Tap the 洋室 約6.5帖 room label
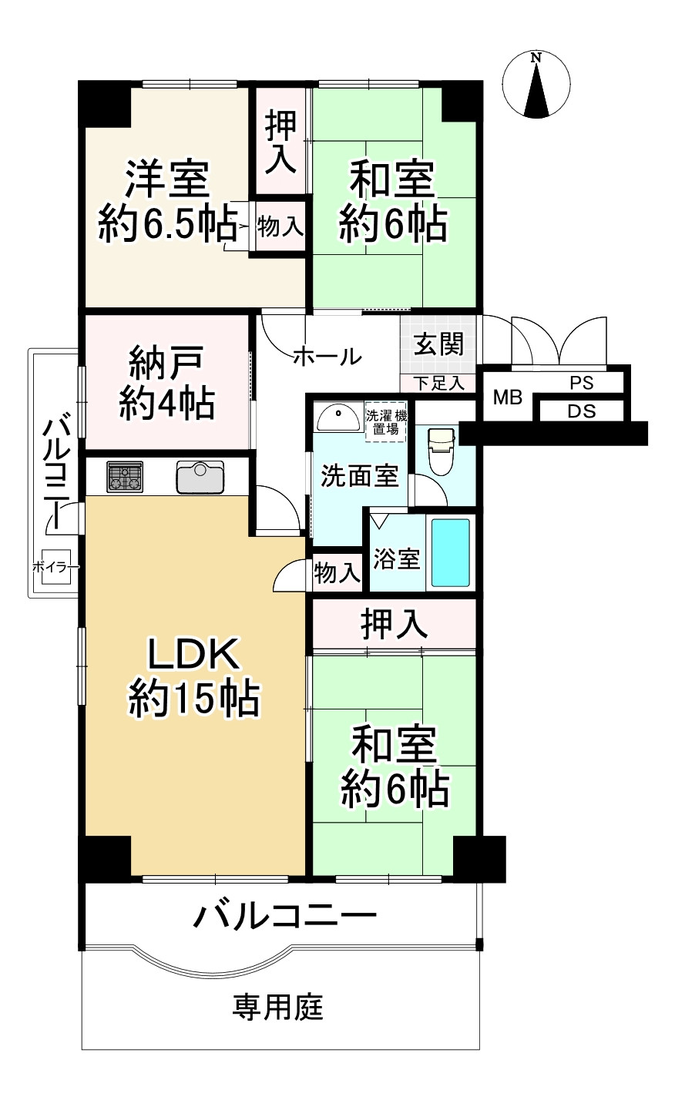[x=167, y=203]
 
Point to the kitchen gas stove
[x=124, y=477]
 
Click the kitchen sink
[x=200, y=477]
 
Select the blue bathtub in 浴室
[x=450, y=552]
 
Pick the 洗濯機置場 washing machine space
[x=385, y=421]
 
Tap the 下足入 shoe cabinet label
[x=438, y=383]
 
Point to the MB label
[x=507, y=397]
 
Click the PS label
[x=581, y=383]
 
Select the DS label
[x=581, y=411]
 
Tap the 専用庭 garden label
[x=278, y=1007]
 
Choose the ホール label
[x=327, y=357]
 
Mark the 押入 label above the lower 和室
[x=394, y=625]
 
